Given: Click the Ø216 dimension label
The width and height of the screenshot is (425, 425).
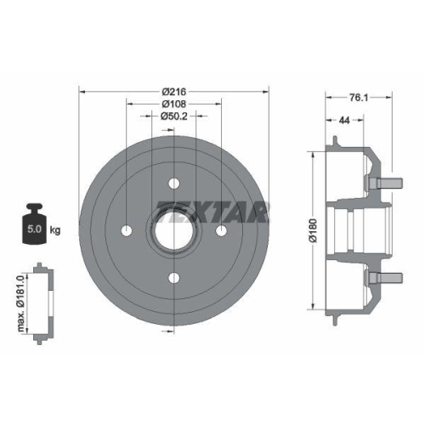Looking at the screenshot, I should (173, 90).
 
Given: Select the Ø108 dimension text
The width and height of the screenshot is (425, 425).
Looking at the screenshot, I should (173, 103).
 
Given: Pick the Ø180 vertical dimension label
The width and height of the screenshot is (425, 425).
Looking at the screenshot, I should (311, 229).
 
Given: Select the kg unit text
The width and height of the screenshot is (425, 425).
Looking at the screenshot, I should (55, 230).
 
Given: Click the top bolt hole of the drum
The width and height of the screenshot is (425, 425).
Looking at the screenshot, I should (173, 183).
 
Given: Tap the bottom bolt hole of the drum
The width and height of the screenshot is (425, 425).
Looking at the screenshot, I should (173, 277).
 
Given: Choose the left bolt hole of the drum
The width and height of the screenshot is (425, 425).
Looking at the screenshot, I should (127, 230).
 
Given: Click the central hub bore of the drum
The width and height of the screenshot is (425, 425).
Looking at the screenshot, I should (173, 230).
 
